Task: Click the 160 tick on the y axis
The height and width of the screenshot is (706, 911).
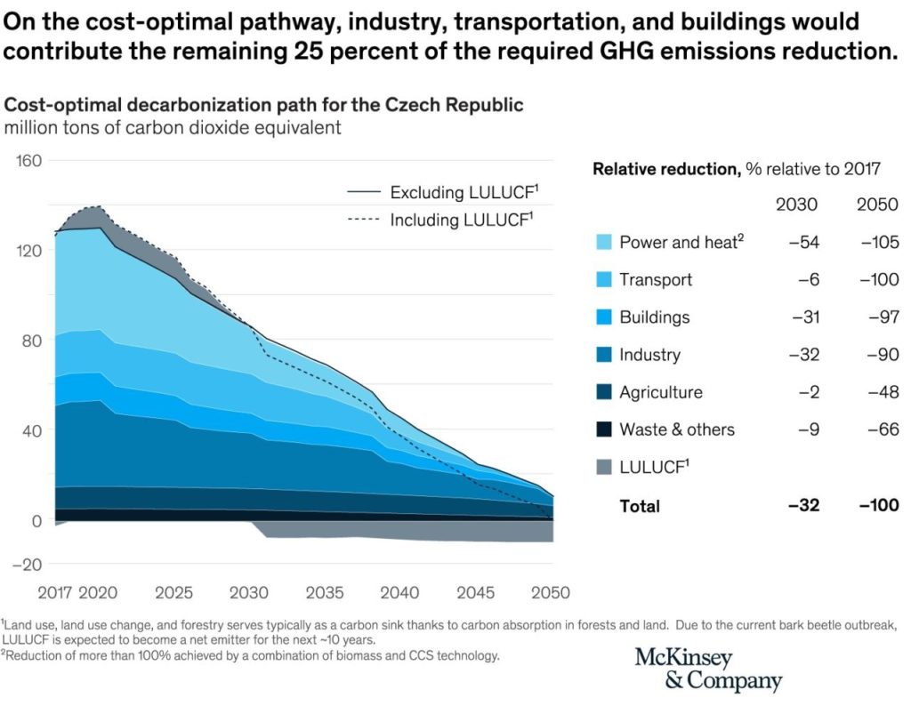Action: click(30, 161)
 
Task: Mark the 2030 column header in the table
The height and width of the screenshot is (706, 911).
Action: click(797, 205)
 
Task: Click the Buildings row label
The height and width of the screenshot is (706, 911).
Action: click(654, 317)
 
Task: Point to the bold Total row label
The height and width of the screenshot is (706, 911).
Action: click(640, 506)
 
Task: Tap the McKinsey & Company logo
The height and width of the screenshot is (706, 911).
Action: click(708, 670)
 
